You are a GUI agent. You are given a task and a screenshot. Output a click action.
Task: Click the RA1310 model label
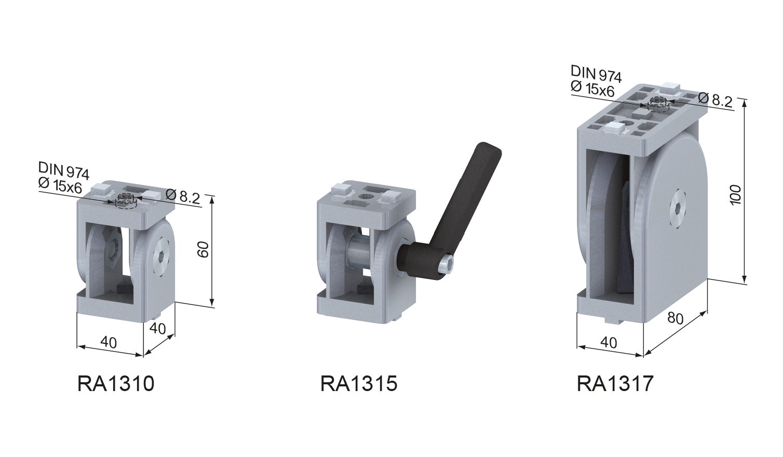[116, 384]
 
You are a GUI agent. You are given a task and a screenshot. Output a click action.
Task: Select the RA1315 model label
[359, 384]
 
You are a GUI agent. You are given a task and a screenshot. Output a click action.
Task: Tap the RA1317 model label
[615, 384]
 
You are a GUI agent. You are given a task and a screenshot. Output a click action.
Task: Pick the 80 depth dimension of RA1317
[675, 317]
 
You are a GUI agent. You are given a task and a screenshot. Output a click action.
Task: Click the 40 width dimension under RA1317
[609, 342]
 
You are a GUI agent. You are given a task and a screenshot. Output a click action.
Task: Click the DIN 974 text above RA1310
[63, 169]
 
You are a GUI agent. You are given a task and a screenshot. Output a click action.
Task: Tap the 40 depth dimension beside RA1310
[157, 328]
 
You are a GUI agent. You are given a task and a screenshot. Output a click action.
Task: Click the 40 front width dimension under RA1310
[108, 342]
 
